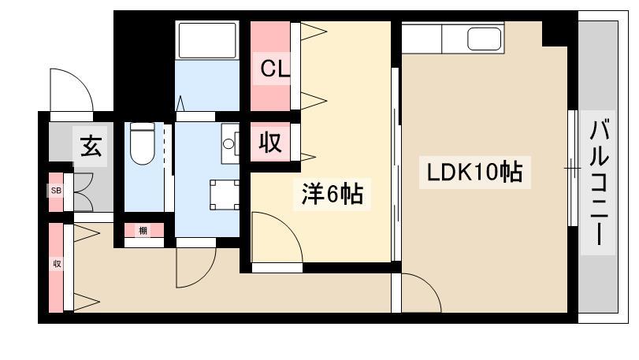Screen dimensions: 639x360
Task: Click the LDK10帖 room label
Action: click(x=474, y=173)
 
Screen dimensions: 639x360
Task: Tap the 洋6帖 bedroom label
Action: click(x=333, y=195)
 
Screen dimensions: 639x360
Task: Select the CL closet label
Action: click(x=275, y=69)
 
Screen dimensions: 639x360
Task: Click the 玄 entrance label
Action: click(x=91, y=146)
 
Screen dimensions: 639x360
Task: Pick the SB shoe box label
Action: click(x=56, y=191)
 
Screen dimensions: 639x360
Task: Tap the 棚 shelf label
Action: click(x=143, y=231)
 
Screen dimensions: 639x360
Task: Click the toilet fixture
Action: click(x=143, y=143)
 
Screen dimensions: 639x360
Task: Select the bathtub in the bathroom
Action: click(x=207, y=40)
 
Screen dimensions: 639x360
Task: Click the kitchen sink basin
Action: click(x=484, y=39)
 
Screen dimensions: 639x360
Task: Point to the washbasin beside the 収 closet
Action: click(x=230, y=143)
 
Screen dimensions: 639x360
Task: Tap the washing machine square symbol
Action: click(x=225, y=195)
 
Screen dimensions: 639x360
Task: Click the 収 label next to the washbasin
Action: click(x=270, y=143)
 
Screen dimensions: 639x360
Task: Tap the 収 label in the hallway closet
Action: click(x=57, y=264)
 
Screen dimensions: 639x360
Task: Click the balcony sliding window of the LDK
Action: click(x=573, y=168)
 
